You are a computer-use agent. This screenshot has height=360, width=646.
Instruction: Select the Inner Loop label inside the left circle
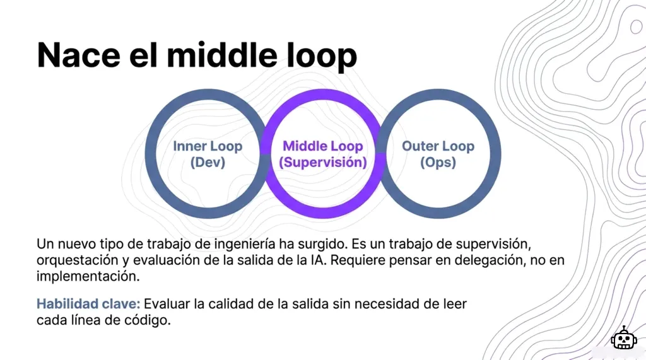click(x=208, y=146)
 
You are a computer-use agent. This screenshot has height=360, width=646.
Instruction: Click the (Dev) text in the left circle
click(x=208, y=163)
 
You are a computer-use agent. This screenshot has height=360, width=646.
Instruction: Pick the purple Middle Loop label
click(x=323, y=146)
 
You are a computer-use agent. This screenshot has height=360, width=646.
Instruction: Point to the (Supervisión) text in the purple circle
click(x=323, y=163)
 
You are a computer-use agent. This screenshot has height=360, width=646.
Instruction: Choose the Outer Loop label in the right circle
click(x=438, y=146)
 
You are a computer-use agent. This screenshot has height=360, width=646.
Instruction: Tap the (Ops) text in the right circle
click(x=438, y=163)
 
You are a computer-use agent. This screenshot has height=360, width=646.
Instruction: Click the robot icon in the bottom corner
click(x=623, y=339)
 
